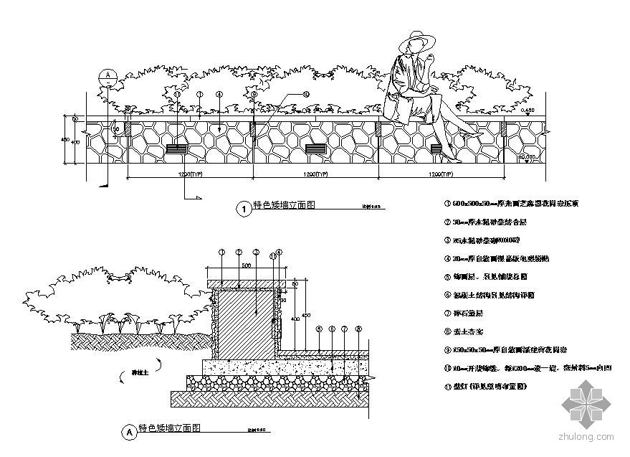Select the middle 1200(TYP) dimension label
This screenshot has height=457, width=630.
(x=315, y=174)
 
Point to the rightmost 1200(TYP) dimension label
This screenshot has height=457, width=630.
(x=441, y=174)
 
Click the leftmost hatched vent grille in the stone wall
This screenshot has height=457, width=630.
(x=177, y=149)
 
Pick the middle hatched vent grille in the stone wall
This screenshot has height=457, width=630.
(x=315, y=149)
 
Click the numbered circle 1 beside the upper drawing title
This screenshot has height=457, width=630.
(x=242, y=209)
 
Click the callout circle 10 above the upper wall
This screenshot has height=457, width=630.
(x=305, y=94)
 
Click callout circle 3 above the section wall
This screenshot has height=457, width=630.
(x=256, y=252)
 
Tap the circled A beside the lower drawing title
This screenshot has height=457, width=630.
(x=129, y=433)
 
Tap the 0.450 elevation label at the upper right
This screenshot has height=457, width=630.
(x=528, y=110)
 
